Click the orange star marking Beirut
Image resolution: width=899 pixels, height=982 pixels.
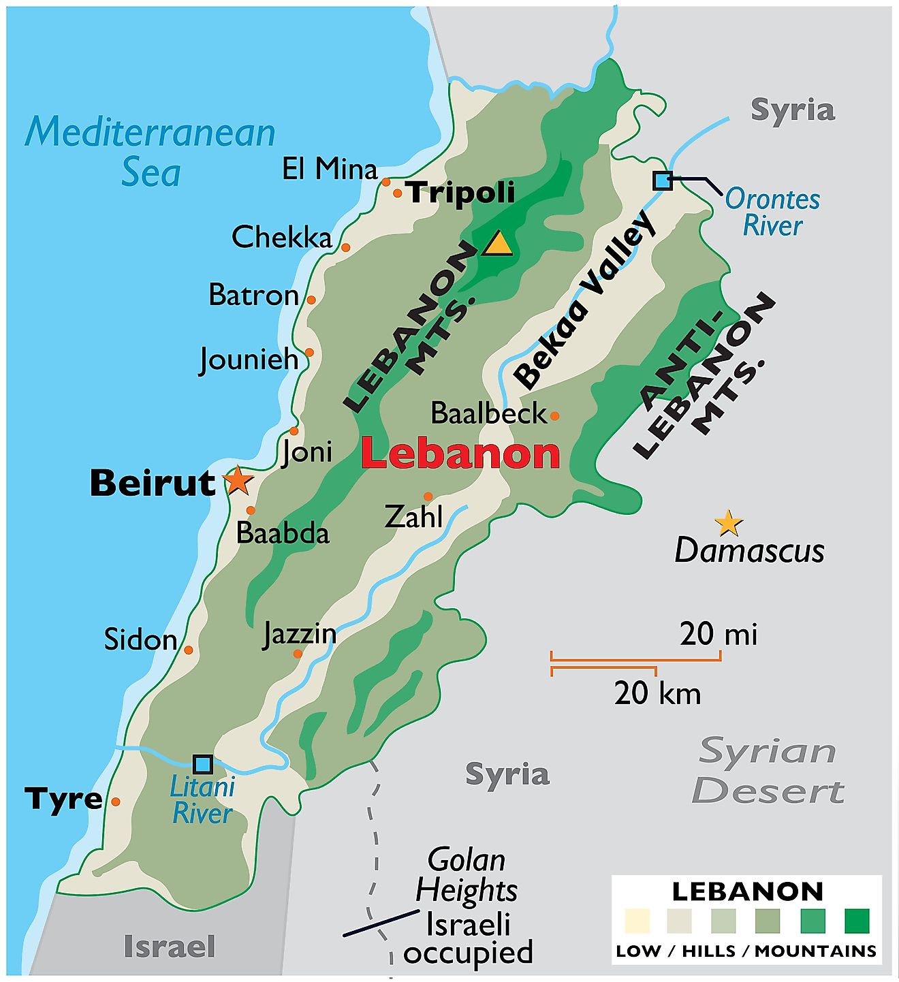[237, 481]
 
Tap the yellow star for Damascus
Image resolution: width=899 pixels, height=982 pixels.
[728, 523]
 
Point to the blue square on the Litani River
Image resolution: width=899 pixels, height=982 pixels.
[203, 764]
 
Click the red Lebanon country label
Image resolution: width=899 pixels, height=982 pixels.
[460, 454]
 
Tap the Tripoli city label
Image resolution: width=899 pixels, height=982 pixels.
[461, 193]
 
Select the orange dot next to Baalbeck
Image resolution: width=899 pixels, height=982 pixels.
[554, 415]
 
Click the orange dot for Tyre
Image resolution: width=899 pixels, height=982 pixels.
[116, 802]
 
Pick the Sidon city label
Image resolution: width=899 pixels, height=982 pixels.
[140, 639]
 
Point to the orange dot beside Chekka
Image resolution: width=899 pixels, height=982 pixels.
[345, 247]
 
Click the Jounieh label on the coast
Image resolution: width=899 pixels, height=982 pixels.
[249, 359]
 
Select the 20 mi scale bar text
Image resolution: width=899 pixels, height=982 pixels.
[718, 634]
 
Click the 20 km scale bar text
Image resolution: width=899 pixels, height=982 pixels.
[657, 693]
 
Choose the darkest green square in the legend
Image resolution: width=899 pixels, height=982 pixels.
[857, 921]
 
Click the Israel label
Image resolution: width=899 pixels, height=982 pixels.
[169, 947]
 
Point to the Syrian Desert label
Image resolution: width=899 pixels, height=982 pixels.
[768, 771]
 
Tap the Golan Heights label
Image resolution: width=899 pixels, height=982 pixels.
[467, 875]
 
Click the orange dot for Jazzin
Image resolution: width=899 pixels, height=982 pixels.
[298, 654]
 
